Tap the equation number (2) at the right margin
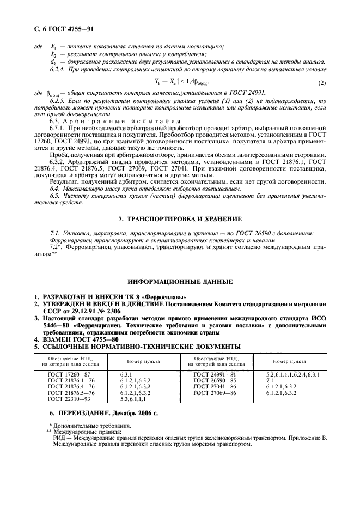click(x=321, y=82)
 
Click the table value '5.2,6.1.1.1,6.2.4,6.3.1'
click(x=293, y=375)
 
